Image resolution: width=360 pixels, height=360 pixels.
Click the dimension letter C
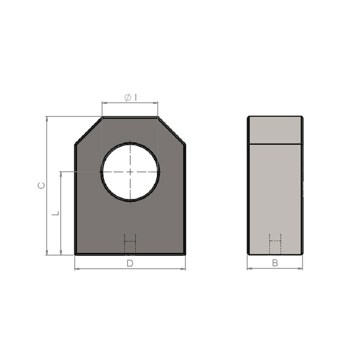(41, 185)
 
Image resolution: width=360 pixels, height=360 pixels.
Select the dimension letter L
(55, 213)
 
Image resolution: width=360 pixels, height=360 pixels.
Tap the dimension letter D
(130, 263)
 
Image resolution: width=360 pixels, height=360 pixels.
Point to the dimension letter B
(275, 263)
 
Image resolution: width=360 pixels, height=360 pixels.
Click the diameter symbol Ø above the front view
(128, 98)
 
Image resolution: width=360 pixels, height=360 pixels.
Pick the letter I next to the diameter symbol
(136, 98)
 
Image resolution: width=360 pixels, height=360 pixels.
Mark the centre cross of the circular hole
(130, 172)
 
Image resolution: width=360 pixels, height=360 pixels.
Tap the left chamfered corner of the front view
(89, 131)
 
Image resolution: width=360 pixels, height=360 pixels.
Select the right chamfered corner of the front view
(172, 131)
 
